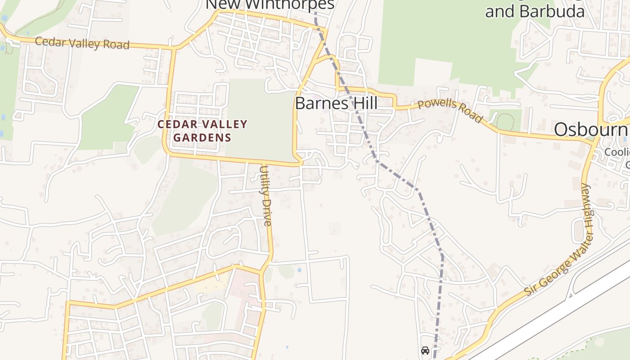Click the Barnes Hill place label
[x=336, y=103]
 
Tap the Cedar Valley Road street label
[x=82, y=43]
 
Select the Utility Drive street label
[x=266, y=196]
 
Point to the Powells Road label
[x=450, y=111]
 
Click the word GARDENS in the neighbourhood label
[x=202, y=137]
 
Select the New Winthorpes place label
[x=270, y=4]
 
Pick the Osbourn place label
[x=591, y=130]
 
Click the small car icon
[x=425, y=350]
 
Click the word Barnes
[x=320, y=103]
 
